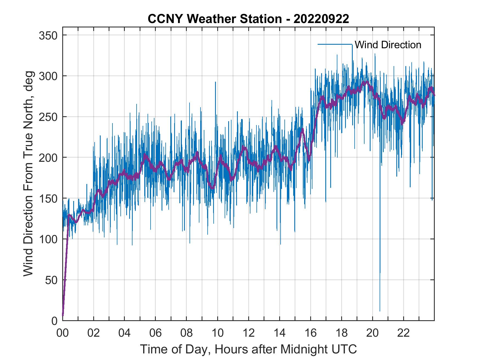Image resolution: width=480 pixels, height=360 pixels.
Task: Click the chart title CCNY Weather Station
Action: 248,19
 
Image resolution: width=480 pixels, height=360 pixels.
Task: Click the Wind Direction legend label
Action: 388,45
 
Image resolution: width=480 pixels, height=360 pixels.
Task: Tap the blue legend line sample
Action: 335,44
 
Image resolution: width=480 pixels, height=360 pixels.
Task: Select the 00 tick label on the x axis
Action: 63,333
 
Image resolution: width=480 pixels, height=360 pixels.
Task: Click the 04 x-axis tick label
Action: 125,333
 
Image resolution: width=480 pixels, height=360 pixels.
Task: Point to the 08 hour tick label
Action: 187,333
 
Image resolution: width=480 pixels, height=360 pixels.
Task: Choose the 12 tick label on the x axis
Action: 249,333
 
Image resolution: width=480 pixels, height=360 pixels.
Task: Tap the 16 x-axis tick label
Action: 310,333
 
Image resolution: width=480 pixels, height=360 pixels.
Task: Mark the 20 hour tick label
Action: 372,333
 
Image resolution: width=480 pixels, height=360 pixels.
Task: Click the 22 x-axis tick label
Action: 403,333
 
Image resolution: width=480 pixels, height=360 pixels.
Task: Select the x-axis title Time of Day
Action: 248,349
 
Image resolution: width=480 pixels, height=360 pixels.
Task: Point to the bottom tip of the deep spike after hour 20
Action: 380,311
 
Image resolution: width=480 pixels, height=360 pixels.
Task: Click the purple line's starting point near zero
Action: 63,315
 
